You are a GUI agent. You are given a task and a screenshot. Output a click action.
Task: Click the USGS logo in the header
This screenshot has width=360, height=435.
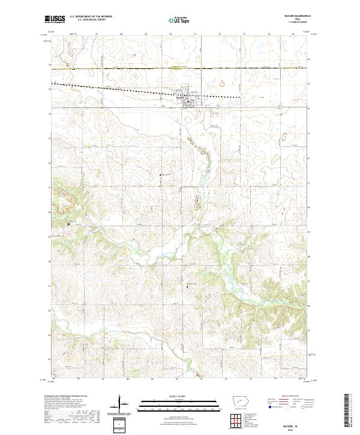tap(55, 19)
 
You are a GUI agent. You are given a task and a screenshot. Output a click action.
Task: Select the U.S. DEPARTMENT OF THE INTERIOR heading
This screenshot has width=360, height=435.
tap(92, 17)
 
